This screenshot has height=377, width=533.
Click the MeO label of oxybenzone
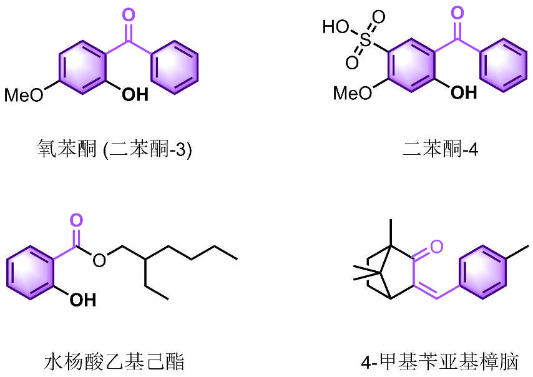tap(24, 95)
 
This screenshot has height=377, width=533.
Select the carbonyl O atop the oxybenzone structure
tap(129, 14)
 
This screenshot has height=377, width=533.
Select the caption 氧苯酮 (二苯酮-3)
tap(113, 150)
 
